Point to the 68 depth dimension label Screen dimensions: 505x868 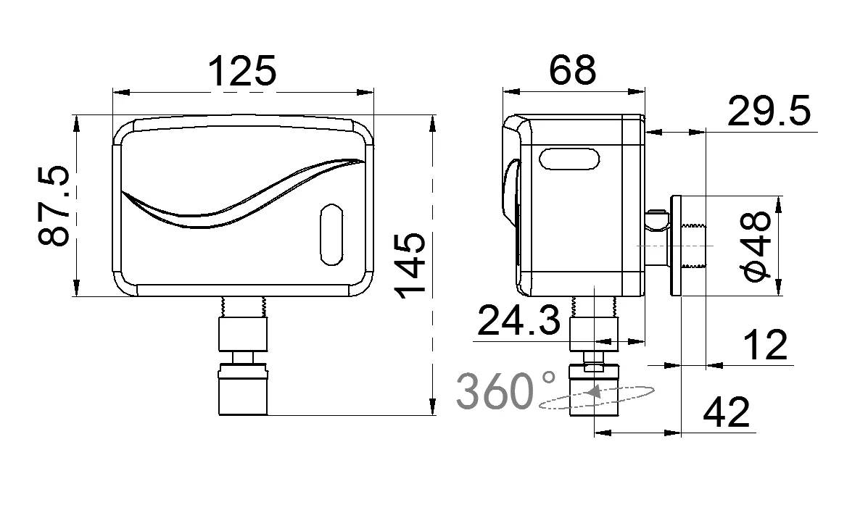pos(572,70)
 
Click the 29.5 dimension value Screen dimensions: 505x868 pos(769,112)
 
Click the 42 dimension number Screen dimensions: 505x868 pos(727,413)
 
